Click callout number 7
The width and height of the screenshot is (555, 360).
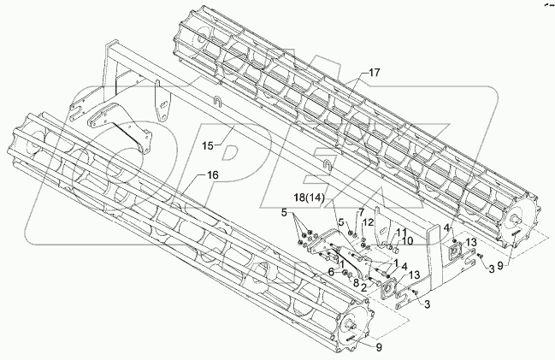coord(362,211)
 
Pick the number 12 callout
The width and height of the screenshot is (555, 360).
coord(369,223)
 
